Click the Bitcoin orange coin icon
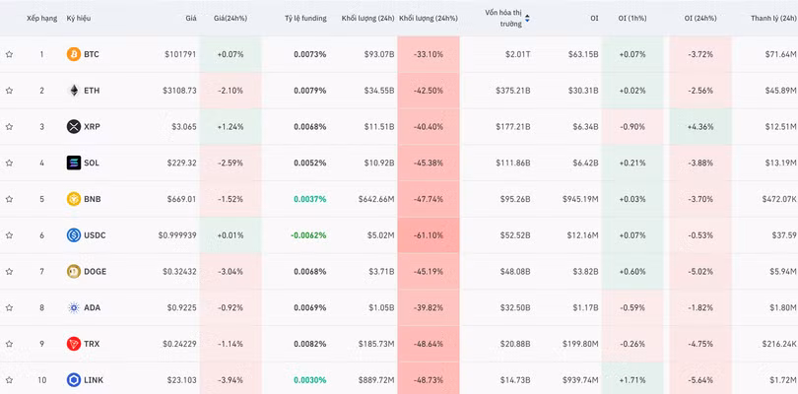coord(74,54)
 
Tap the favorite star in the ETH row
coord(9,91)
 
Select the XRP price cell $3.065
coord(181,127)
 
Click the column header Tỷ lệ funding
coord(305,19)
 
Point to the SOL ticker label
coord(92,163)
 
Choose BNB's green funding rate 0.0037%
coord(310,199)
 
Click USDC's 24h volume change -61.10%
coord(429,235)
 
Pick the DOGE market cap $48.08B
coord(513,272)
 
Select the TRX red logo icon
coord(74,344)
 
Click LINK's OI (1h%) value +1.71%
coord(632,380)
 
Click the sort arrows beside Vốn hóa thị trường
coord(527,19)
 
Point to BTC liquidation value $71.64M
coord(780,54)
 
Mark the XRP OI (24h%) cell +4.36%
coord(700,127)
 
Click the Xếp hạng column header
coord(41,19)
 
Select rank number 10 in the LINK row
coord(41,380)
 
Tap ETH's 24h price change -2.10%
coord(230,91)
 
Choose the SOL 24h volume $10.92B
coord(377,163)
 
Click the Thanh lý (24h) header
coord(773,19)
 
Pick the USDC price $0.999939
coord(177,235)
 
